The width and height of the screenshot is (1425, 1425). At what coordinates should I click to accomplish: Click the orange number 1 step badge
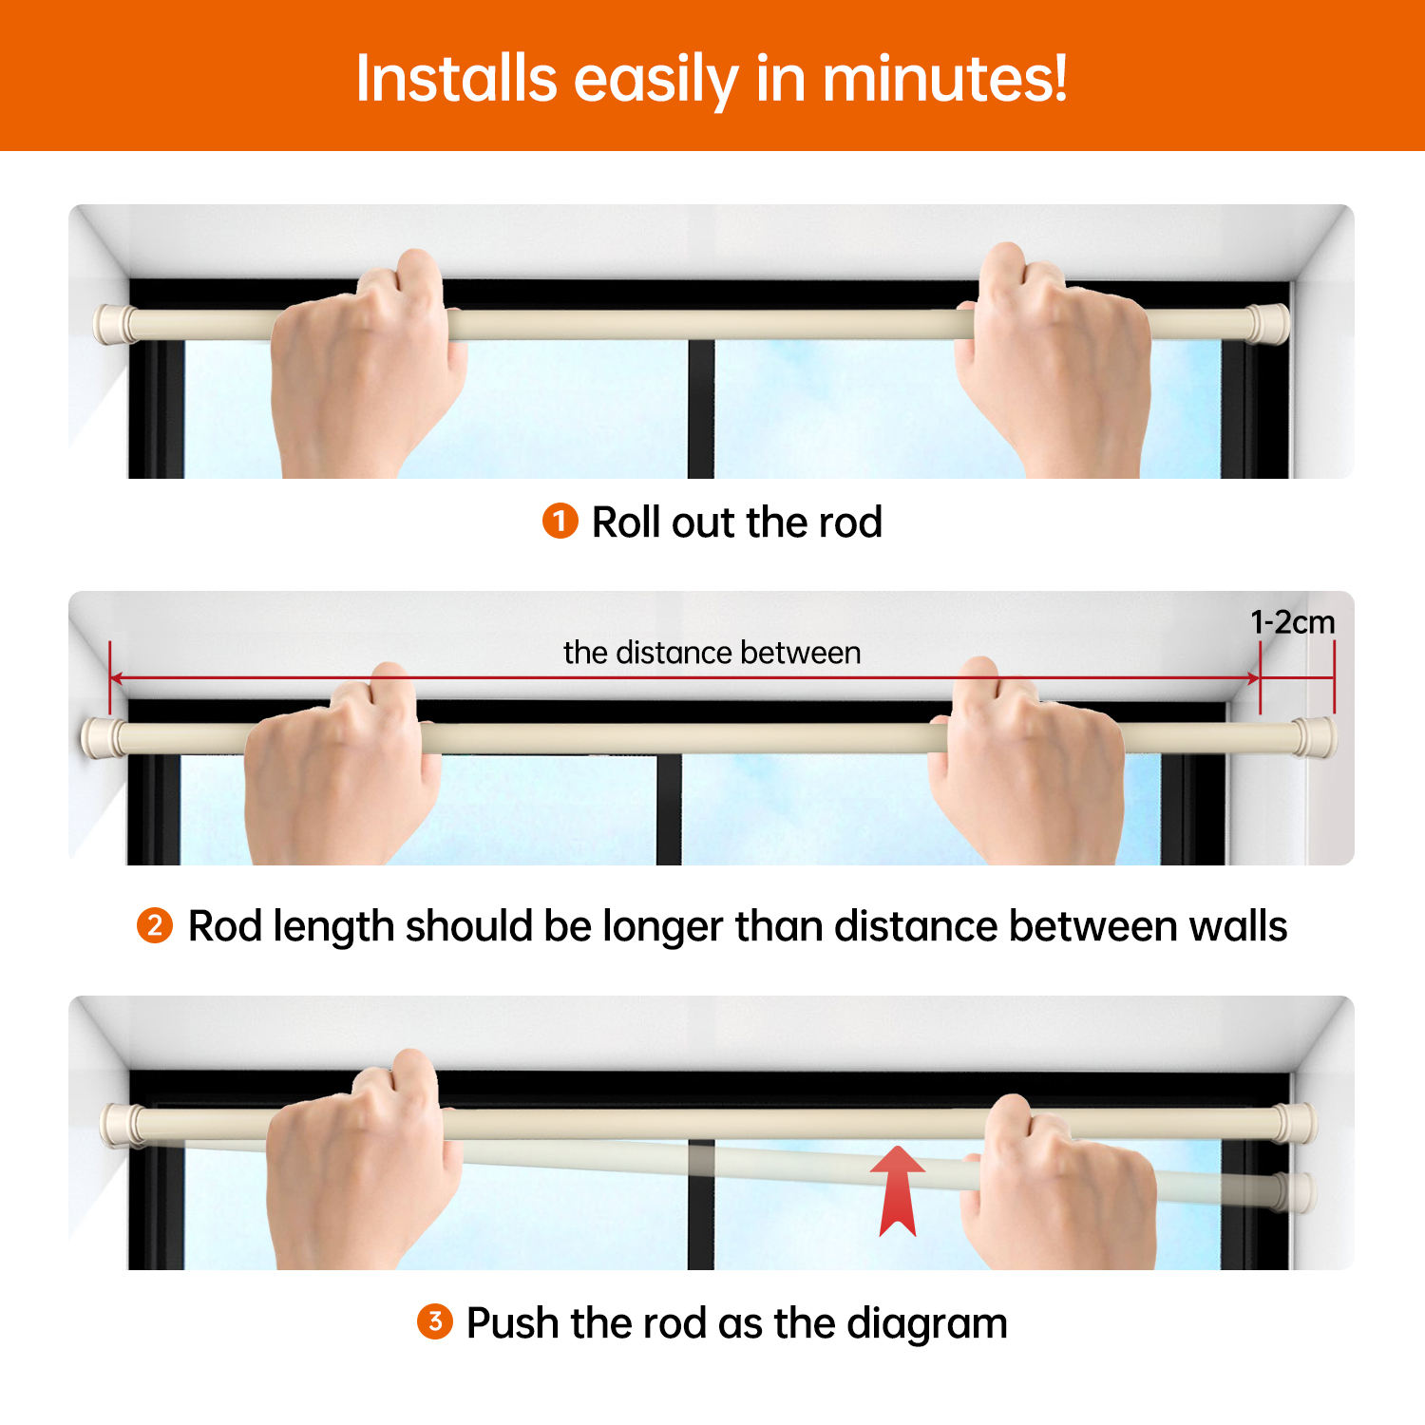pyautogui.click(x=560, y=521)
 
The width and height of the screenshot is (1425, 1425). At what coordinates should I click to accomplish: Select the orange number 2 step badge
pyautogui.click(x=155, y=925)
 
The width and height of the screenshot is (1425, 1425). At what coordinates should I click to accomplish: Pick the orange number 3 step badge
pyautogui.click(x=435, y=1321)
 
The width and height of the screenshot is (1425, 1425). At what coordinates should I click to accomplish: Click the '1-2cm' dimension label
pyautogui.click(x=1292, y=622)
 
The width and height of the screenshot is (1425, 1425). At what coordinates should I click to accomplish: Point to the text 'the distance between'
pyautogui.click(x=712, y=653)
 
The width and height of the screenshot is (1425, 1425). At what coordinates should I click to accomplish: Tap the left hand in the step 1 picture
pyautogui.click(x=366, y=370)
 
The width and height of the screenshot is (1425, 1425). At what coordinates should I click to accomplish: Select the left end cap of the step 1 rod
pyautogui.click(x=112, y=324)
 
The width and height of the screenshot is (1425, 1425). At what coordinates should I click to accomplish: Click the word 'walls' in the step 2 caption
pyautogui.click(x=1238, y=925)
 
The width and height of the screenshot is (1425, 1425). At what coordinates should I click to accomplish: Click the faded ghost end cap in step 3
pyautogui.click(x=1295, y=1191)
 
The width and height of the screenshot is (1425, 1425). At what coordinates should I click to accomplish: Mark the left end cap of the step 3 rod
pyautogui.click(x=122, y=1125)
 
